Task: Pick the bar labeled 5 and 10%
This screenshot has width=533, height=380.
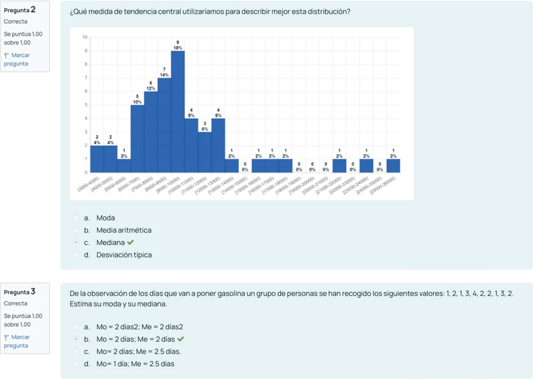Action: [137, 138]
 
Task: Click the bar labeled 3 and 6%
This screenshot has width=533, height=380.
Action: [205, 151]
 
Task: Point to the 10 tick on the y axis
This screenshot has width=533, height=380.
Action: [85, 37]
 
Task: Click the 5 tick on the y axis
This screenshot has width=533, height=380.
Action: [85, 105]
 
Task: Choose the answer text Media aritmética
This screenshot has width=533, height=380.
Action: [124, 231]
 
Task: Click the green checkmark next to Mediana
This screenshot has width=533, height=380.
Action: [130, 242]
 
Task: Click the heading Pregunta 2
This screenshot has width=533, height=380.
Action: [19, 9]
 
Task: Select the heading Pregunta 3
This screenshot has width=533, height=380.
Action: [19, 292]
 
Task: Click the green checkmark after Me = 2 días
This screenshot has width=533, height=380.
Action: [181, 339]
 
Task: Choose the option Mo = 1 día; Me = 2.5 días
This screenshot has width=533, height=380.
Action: [135, 364]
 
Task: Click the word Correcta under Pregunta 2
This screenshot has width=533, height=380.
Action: [16, 21]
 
